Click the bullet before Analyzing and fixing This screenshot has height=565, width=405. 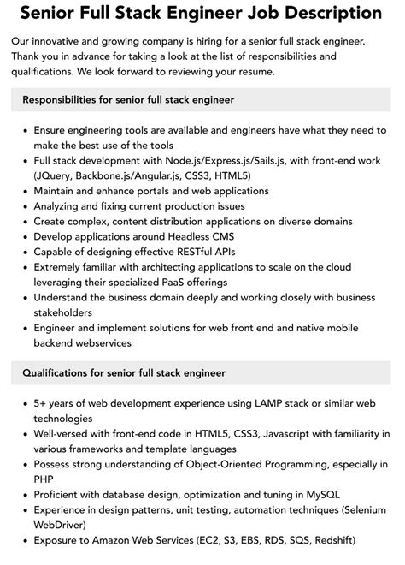pos(21,206)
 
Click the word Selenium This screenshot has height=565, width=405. pos(356,511)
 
